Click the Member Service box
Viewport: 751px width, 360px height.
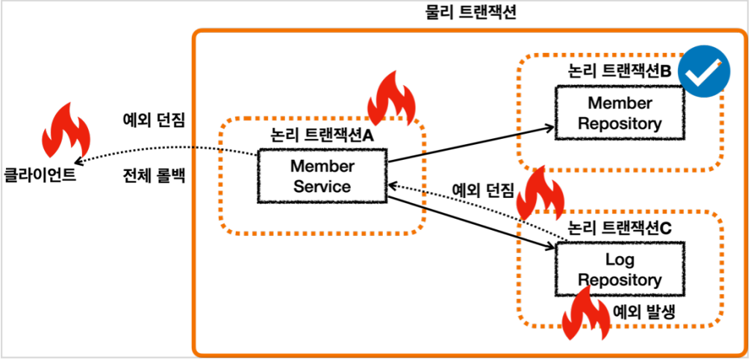tap(322, 176)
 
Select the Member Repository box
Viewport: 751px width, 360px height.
tap(620, 113)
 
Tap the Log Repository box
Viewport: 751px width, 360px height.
tap(620, 270)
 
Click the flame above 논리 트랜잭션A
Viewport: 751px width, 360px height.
tap(392, 99)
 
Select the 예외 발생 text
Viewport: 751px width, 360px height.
tap(644, 313)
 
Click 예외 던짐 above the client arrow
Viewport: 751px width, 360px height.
tap(154, 119)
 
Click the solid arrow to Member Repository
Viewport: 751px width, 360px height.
tap(470, 143)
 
